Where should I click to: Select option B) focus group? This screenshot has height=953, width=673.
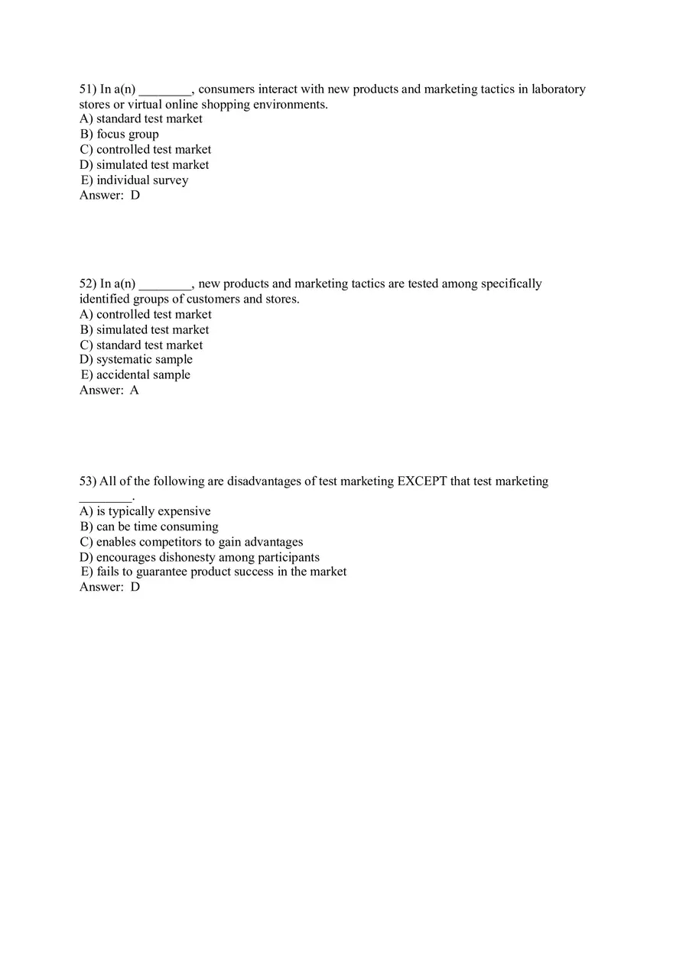119,135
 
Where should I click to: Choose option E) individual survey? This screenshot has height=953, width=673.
135,180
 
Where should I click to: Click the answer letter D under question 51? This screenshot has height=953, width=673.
135,195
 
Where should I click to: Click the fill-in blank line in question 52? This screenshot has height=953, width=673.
165,286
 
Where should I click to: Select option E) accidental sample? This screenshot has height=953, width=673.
135,374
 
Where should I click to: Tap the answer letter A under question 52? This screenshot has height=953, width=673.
135,391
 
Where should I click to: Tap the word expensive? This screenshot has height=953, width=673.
184,511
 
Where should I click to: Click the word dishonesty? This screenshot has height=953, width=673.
187,557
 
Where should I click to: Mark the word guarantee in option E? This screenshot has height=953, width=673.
164,572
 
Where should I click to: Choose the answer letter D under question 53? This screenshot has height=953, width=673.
135,587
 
